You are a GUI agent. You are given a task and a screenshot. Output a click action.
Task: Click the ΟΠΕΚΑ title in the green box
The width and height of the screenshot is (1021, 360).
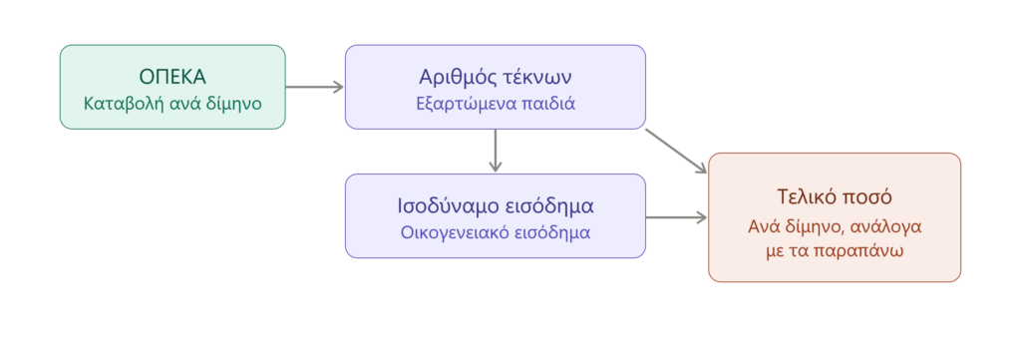(172, 76)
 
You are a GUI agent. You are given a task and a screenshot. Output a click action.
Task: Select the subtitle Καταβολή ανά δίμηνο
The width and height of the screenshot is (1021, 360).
(172, 104)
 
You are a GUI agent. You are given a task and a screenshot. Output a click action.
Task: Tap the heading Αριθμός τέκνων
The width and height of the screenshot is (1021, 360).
(496, 77)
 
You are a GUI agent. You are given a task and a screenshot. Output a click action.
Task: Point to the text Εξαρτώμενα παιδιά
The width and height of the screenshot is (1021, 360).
(496, 104)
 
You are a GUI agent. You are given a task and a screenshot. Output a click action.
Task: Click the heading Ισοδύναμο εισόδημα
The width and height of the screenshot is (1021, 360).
(496, 205)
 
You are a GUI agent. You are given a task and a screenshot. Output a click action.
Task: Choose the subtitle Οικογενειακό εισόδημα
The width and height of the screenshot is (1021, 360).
(496, 232)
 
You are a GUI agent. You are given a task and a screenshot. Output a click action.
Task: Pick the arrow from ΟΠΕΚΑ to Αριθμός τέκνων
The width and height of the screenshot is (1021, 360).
(314, 87)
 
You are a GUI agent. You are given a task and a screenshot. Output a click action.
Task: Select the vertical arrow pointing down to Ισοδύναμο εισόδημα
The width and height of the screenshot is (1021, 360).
(496, 151)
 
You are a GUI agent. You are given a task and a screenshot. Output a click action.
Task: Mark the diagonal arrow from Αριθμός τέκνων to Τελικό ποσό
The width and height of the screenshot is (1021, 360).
(676, 151)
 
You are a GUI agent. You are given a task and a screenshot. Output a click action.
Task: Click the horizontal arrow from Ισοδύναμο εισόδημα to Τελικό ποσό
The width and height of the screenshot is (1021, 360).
(677, 217)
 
